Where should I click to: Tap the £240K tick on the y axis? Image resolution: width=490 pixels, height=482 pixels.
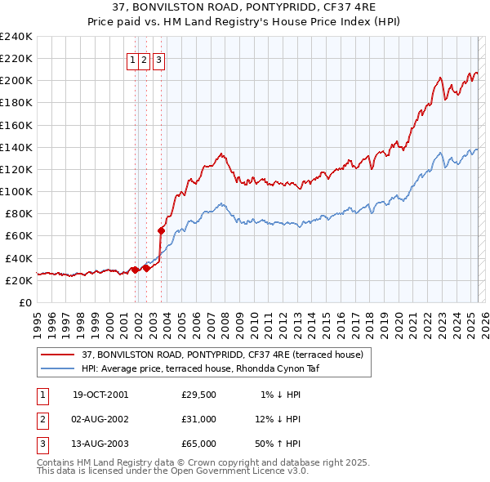16,37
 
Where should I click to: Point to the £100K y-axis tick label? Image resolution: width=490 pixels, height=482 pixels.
16,191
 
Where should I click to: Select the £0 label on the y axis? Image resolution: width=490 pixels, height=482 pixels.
25,302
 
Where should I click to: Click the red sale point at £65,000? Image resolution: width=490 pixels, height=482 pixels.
161,230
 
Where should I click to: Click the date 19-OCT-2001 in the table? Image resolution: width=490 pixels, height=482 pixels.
100,395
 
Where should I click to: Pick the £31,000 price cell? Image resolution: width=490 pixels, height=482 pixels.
199,419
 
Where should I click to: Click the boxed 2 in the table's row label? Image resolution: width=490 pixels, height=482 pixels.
41,419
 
